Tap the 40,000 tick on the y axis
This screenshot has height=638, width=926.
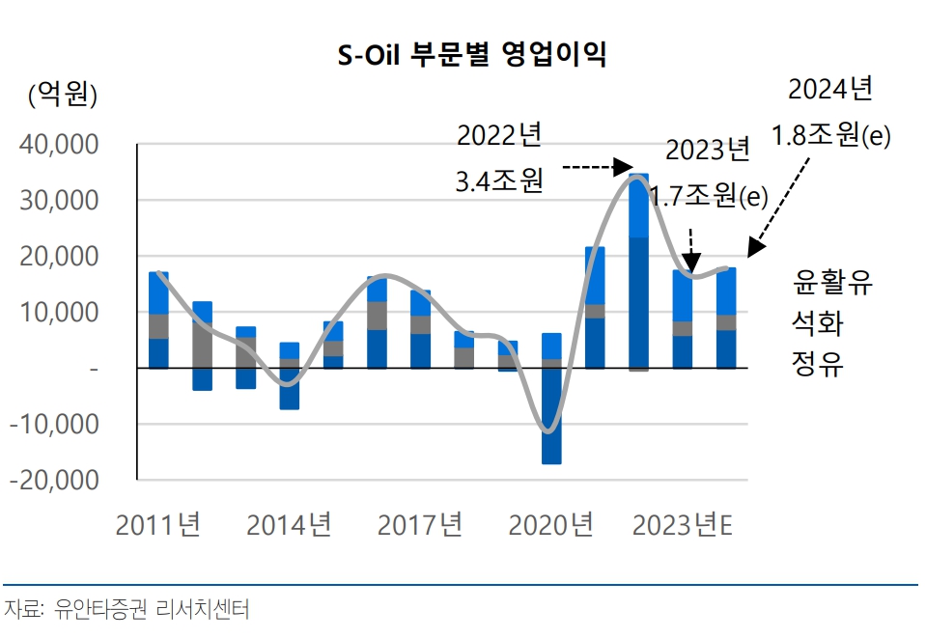pyautogui.click(x=60, y=145)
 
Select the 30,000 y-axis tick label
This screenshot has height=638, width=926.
pyautogui.click(x=60, y=201)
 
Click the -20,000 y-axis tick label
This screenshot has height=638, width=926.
pyautogui.click(x=55, y=480)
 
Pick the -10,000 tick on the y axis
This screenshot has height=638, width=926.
pyautogui.click(x=55, y=424)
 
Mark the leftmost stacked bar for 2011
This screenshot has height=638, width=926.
pyautogui.click(x=158, y=319)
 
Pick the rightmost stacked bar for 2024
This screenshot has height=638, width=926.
pyautogui.click(x=725, y=319)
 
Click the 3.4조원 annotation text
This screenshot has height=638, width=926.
pyautogui.click(x=499, y=180)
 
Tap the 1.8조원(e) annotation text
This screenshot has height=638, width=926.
pyautogui.click(x=830, y=135)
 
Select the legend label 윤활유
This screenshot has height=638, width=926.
pyautogui.click(x=831, y=282)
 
